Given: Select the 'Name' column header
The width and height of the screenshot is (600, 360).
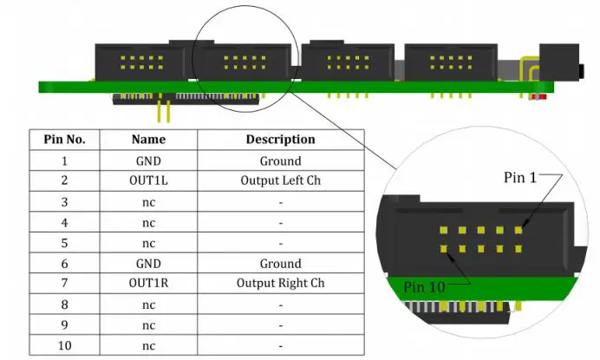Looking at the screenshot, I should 148,139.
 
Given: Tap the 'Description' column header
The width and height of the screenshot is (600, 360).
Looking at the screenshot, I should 280,139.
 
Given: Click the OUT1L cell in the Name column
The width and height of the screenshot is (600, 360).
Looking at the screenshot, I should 148,181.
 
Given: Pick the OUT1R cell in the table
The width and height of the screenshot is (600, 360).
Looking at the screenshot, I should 148,284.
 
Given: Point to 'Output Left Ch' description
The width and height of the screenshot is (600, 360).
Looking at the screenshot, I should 280,181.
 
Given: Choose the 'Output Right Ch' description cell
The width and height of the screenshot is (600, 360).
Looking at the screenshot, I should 280,284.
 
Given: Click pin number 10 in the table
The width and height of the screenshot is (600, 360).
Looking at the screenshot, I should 64,345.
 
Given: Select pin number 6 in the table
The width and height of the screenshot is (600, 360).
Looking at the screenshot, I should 64,264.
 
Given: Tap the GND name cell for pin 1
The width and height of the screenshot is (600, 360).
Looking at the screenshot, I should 148,160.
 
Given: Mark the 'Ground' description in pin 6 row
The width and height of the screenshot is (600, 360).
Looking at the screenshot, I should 280,264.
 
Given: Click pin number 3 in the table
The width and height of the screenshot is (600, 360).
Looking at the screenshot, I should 64,202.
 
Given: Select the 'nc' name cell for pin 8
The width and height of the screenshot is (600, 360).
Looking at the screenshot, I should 148,304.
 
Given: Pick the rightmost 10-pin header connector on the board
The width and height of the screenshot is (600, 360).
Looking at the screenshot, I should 448,62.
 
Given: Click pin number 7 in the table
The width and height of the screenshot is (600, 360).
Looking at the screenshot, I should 64,284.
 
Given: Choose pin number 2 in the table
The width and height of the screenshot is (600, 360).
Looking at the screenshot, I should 64,181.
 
